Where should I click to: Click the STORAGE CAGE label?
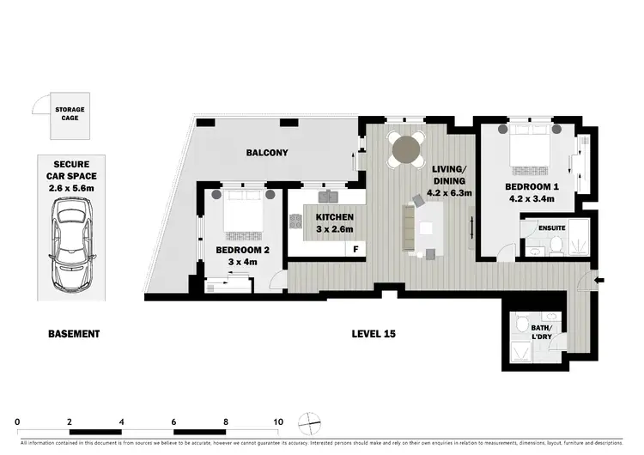pyautogui.click(x=70, y=115)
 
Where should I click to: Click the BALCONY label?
pyautogui.click(x=267, y=154)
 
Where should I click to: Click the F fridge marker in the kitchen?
pyautogui.click(x=355, y=250)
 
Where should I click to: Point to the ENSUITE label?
pyautogui.click(x=550, y=227)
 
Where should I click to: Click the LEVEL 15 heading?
pyautogui.click(x=374, y=333)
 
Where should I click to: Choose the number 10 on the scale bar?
pyautogui.click(x=278, y=422)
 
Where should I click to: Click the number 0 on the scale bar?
pyautogui.click(x=18, y=422)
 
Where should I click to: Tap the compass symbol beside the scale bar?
pyautogui.click(x=307, y=423)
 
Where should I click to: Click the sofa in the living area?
pyautogui.click(x=410, y=227)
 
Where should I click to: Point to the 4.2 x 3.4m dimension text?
pyautogui.click(x=529, y=199)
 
